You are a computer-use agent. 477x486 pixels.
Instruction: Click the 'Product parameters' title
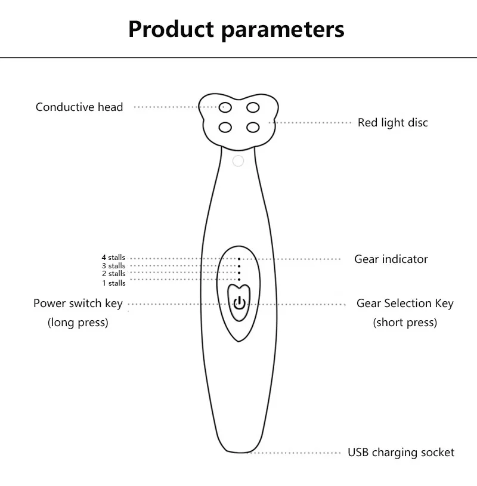point(236,29)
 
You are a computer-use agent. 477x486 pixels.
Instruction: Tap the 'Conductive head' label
point(79,107)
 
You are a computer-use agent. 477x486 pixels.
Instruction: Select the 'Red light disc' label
point(392,123)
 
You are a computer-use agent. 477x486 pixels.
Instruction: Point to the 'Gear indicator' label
point(391,259)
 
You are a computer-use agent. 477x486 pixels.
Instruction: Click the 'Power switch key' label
point(78,304)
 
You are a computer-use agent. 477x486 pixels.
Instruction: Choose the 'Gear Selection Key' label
point(405,304)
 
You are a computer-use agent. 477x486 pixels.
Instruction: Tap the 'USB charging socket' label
point(401,453)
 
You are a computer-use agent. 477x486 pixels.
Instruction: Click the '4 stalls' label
point(113,258)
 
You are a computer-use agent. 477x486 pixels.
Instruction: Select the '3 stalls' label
point(113,266)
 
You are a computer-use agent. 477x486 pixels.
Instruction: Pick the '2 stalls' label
point(113,274)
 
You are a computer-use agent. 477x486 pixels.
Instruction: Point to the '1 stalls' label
point(113,283)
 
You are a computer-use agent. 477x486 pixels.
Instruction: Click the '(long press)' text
point(78,323)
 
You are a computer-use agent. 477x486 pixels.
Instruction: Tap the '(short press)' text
point(405,323)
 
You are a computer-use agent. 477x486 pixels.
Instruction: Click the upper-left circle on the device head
point(225,107)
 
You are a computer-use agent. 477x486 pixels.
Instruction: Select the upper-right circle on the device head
point(253,107)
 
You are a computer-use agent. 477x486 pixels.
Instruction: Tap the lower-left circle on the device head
point(225,126)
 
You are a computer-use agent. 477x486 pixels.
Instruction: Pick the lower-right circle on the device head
point(253,126)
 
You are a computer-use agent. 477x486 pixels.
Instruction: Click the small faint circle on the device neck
point(238,161)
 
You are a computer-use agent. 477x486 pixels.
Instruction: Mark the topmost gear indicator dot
point(239,259)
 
